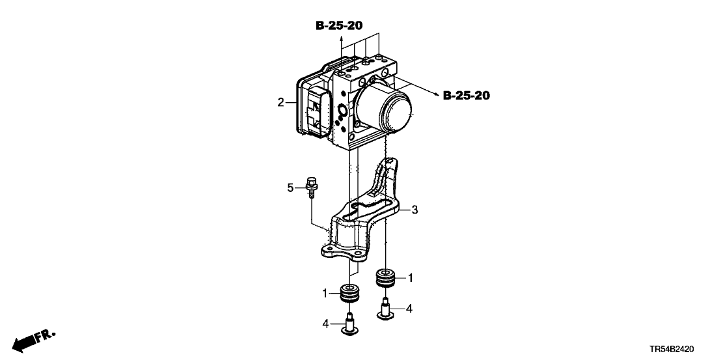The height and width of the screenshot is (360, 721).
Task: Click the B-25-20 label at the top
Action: pos(339,26)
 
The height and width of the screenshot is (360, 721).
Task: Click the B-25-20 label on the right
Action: pos(467,96)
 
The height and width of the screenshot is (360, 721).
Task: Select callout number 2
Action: pos(280,102)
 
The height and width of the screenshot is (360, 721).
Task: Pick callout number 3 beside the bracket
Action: pos(415,210)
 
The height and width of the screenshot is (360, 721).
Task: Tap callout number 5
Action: pos(290,187)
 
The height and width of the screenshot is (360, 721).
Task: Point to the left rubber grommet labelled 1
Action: pos(350,294)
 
